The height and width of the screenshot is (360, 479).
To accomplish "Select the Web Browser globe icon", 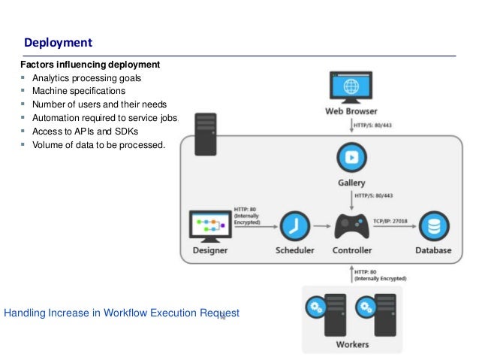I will point(351,88).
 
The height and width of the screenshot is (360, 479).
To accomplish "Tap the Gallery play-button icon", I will point(351,159).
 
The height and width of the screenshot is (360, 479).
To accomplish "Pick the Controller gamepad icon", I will point(351,225).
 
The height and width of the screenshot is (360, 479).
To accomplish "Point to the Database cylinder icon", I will point(433,225).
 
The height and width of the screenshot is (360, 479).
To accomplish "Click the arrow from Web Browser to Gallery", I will point(351,125).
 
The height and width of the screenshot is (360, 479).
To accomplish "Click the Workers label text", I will point(351,344).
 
